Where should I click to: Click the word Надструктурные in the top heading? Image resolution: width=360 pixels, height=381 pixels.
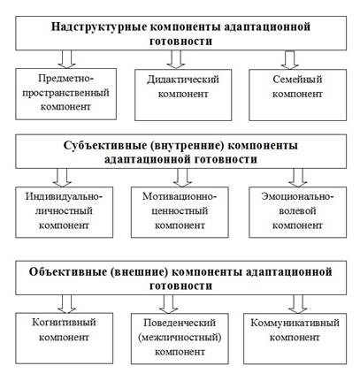click(99, 27)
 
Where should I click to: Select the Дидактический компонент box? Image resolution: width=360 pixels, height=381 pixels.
click(183, 95)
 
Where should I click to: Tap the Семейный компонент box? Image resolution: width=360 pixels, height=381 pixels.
click(297, 95)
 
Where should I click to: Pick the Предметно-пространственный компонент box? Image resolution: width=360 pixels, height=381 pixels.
click(65, 94)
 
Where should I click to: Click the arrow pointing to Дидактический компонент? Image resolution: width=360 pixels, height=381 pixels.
click(176, 59)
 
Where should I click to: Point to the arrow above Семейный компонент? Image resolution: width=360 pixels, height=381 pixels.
click(290, 60)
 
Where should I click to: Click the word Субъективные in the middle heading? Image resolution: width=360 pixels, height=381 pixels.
click(105, 146)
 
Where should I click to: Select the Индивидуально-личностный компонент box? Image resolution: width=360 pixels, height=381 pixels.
click(64, 212)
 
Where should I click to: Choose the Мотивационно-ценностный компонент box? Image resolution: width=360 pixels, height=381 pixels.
click(180, 212)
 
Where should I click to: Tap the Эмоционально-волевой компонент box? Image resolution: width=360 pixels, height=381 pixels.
click(297, 212)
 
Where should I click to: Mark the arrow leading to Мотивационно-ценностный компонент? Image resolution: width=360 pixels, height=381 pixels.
click(182, 178)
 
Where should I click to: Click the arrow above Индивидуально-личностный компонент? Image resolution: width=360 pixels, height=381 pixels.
click(62, 178)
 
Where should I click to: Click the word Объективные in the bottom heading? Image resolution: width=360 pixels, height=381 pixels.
click(68, 272)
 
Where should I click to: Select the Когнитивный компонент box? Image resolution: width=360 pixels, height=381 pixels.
click(64, 339)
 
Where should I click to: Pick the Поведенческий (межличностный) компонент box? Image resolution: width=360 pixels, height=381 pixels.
click(180, 339)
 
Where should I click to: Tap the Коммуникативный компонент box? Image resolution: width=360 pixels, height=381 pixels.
click(295, 339)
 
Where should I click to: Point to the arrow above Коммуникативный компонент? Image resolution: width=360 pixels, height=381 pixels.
click(298, 304)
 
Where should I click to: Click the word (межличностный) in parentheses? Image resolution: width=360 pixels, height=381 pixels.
click(180, 337)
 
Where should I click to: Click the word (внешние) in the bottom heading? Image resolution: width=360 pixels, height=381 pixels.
click(140, 272)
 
